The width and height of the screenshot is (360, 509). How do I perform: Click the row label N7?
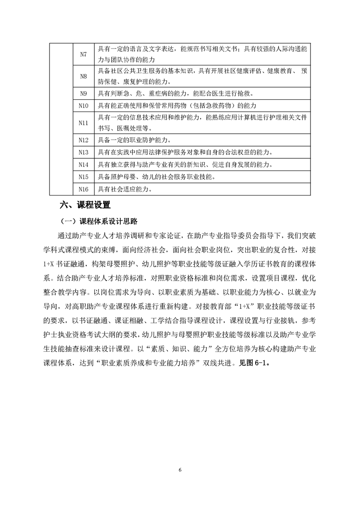pyautogui.click(x=83, y=54)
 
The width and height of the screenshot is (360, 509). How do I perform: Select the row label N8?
pyautogui.click(x=83, y=76)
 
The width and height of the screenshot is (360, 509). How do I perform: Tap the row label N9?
pyautogui.click(x=83, y=93)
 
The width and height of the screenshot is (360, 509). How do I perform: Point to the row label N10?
pyautogui.click(x=83, y=106)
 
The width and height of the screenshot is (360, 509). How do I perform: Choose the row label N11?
pyautogui.click(x=83, y=123)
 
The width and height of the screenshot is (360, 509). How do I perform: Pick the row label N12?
pyautogui.click(x=83, y=140)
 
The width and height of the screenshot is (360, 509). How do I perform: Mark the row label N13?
pyautogui.click(x=83, y=152)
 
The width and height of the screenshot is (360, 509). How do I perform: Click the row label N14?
pyautogui.click(x=83, y=164)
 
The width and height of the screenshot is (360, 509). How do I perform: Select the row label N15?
pyautogui.click(x=83, y=176)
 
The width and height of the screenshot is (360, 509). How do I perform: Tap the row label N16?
pyautogui.click(x=83, y=189)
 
